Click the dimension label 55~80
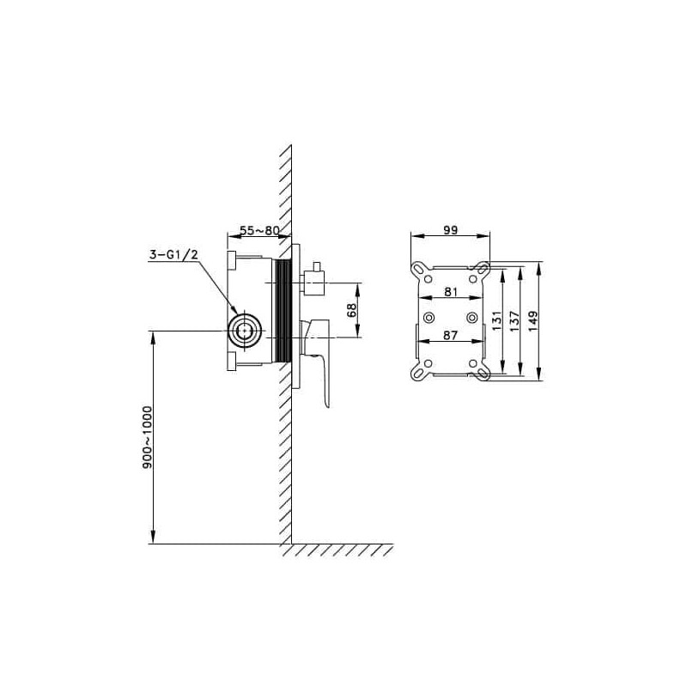coord(259,230)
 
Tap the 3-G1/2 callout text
coord(173,254)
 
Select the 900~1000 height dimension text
coord(147,437)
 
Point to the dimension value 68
coord(351,310)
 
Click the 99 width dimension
coord(450,229)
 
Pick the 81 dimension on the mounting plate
coord(451,291)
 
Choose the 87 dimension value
coord(450,335)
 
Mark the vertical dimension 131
coord(496,320)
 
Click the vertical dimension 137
coord(514,320)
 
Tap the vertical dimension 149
coord(532,320)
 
